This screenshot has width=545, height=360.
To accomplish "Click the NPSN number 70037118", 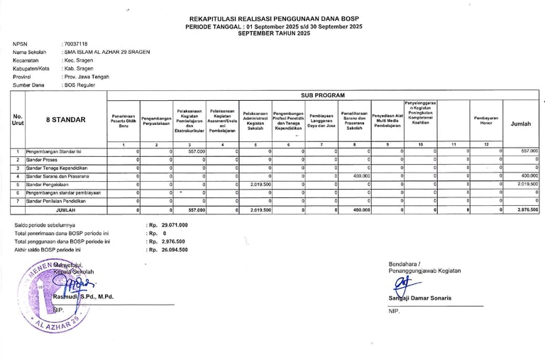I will coord(76,43).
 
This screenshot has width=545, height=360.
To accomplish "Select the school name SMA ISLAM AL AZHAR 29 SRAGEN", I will coord(106,52).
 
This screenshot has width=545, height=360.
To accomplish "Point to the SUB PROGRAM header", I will coord(323,94).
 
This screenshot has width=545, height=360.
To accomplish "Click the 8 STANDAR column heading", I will coord(66,121).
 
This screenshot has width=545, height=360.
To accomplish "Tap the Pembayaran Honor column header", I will coord(486,121).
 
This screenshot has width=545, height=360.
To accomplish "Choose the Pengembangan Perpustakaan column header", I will coord(157,121).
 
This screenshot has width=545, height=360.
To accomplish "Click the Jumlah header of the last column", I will coord(520,124).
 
